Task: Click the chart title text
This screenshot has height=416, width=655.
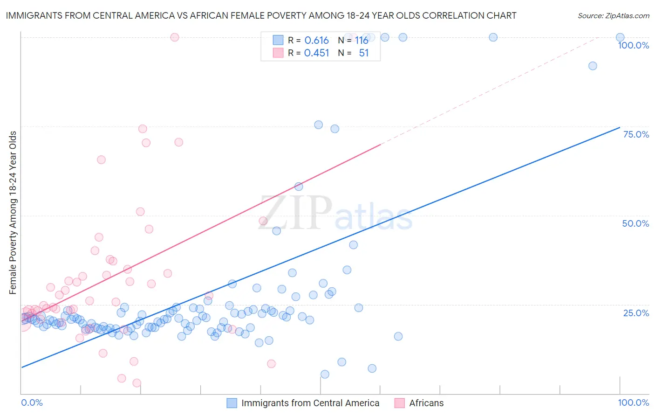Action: click(x=261, y=15)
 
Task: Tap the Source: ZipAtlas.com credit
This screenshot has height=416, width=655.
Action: click(x=613, y=15)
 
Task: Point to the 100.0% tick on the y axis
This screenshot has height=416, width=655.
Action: click(x=633, y=45)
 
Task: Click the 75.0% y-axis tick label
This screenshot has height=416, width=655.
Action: click(x=636, y=134)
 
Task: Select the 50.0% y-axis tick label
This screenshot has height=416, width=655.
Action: click(x=635, y=223)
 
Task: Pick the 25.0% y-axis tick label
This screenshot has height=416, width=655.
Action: click(x=636, y=312)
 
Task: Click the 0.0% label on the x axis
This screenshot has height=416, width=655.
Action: click(x=32, y=402)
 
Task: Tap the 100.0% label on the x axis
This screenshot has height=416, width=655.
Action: click(x=633, y=402)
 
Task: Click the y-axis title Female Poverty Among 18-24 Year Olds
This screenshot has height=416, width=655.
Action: click(x=13, y=213)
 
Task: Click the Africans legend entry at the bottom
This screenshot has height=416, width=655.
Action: click(x=426, y=403)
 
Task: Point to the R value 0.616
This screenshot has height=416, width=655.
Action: click(x=316, y=41)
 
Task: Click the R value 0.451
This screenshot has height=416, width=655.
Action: click(x=316, y=53)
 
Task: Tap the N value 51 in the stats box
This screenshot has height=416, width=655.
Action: click(x=364, y=53)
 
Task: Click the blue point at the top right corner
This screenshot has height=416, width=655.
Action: click(x=620, y=37)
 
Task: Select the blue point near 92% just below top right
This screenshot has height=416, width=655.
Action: click(x=593, y=66)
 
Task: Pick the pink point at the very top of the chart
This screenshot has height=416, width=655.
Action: click(x=175, y=37)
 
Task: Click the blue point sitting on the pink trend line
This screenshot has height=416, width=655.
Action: click(x=299, y=187)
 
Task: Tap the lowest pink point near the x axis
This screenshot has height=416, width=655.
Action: click(x=137, y=383)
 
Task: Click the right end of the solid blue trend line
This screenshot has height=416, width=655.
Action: click(x=620, y=127)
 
